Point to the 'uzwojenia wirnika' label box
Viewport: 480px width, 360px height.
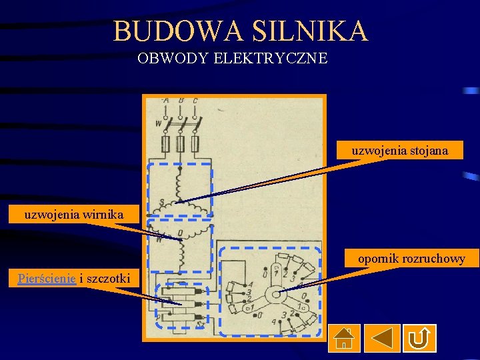click(x=71, y=214)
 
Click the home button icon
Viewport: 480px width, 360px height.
click(x=344, y=338)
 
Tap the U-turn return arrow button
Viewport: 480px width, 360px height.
click(x=419, y=338)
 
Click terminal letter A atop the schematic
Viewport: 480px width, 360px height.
click(x=166, y=101)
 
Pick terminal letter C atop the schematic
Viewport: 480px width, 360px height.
click(x=195, y=101)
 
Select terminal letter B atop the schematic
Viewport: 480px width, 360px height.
click(x=181, y=101)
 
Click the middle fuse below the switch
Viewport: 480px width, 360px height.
click(x=181, y=145)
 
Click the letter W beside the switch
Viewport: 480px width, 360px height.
click(x=158, y=123)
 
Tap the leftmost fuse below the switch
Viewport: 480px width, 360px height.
click(x=166, y=145)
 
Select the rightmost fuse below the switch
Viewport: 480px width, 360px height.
click(x=195, y=145)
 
